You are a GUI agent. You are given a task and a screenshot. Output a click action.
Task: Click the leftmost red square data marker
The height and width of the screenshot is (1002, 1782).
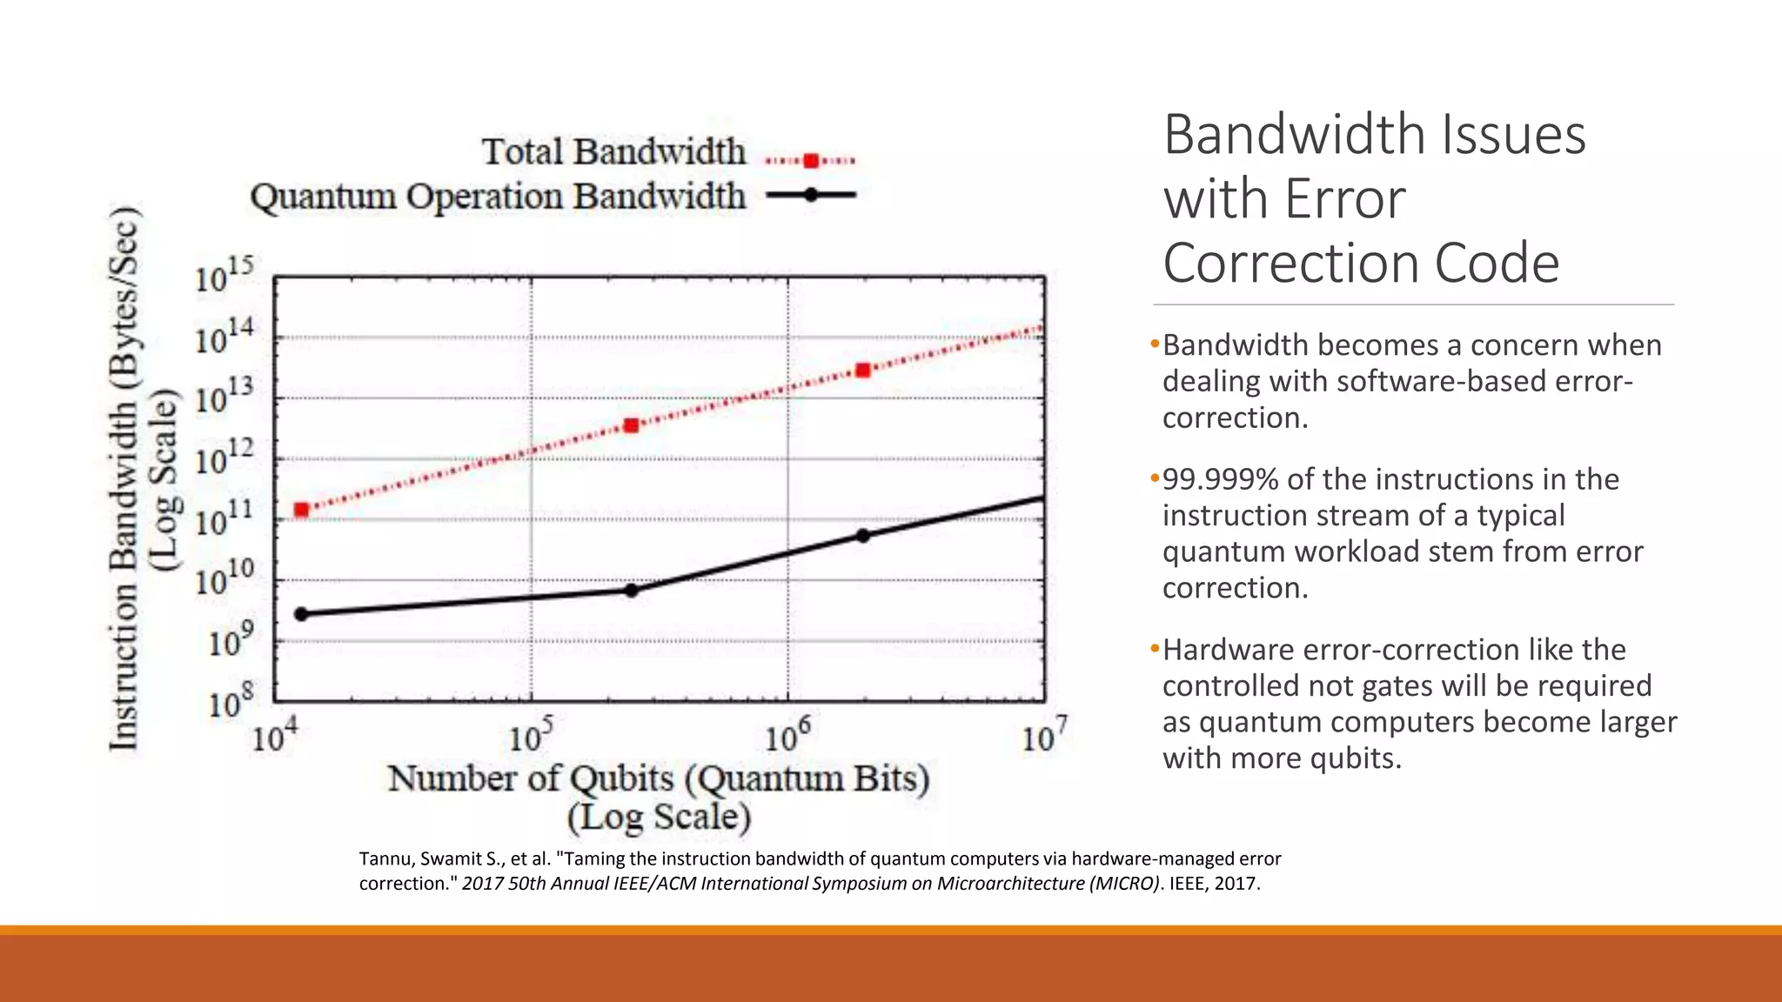[x=301, y=510]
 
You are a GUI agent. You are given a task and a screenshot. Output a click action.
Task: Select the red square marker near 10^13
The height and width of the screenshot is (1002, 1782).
[x=862, y=371]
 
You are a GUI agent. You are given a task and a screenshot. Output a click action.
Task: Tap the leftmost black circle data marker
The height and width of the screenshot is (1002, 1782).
[x=301, y=614]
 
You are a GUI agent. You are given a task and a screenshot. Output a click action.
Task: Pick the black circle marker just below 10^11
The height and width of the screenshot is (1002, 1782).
[x=862, y=536]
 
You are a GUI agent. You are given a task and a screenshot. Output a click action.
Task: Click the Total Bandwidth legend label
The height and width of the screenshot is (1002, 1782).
[x=613, y=152]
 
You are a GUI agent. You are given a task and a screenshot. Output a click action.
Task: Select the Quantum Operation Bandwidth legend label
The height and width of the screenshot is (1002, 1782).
[x=498, y=197]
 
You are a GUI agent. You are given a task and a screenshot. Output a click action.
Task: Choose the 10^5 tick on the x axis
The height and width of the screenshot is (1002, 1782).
[x=530, y=737]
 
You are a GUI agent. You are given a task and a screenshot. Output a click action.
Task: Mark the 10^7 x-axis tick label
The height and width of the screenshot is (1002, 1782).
[x=1043, y=737]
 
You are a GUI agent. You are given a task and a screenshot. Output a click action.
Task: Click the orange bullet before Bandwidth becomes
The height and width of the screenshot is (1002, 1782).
[x=1155, y=344]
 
